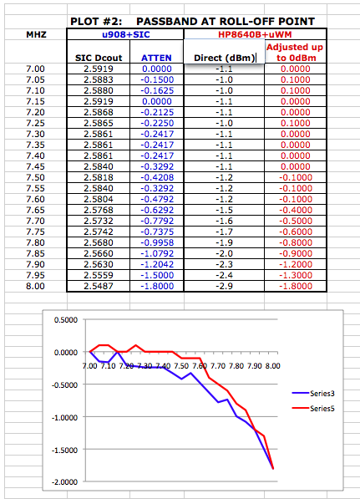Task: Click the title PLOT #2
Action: point(96,22)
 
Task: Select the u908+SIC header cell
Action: point(125,34)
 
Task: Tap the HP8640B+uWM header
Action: point(255,34)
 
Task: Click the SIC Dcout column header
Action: point(99,58)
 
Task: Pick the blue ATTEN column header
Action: point(156,58)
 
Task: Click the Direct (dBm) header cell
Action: point(225,58)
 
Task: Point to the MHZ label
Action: point(36,34)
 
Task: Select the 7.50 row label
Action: point(35,177)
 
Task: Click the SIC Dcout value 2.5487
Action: point(99,286)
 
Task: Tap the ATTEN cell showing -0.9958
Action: point(157,242)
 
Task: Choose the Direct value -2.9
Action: point(224,286)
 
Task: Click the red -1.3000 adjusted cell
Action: point(296,275)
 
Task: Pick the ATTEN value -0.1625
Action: point(157,90)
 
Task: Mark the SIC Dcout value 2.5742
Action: point(99,232)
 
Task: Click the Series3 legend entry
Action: point(313,394)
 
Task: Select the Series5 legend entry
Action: point(313,408)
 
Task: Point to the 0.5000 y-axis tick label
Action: point(66,320)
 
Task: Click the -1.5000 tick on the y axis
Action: point(65,450)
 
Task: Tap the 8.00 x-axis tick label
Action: point(273,366)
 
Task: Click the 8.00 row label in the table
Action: point(35,286)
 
